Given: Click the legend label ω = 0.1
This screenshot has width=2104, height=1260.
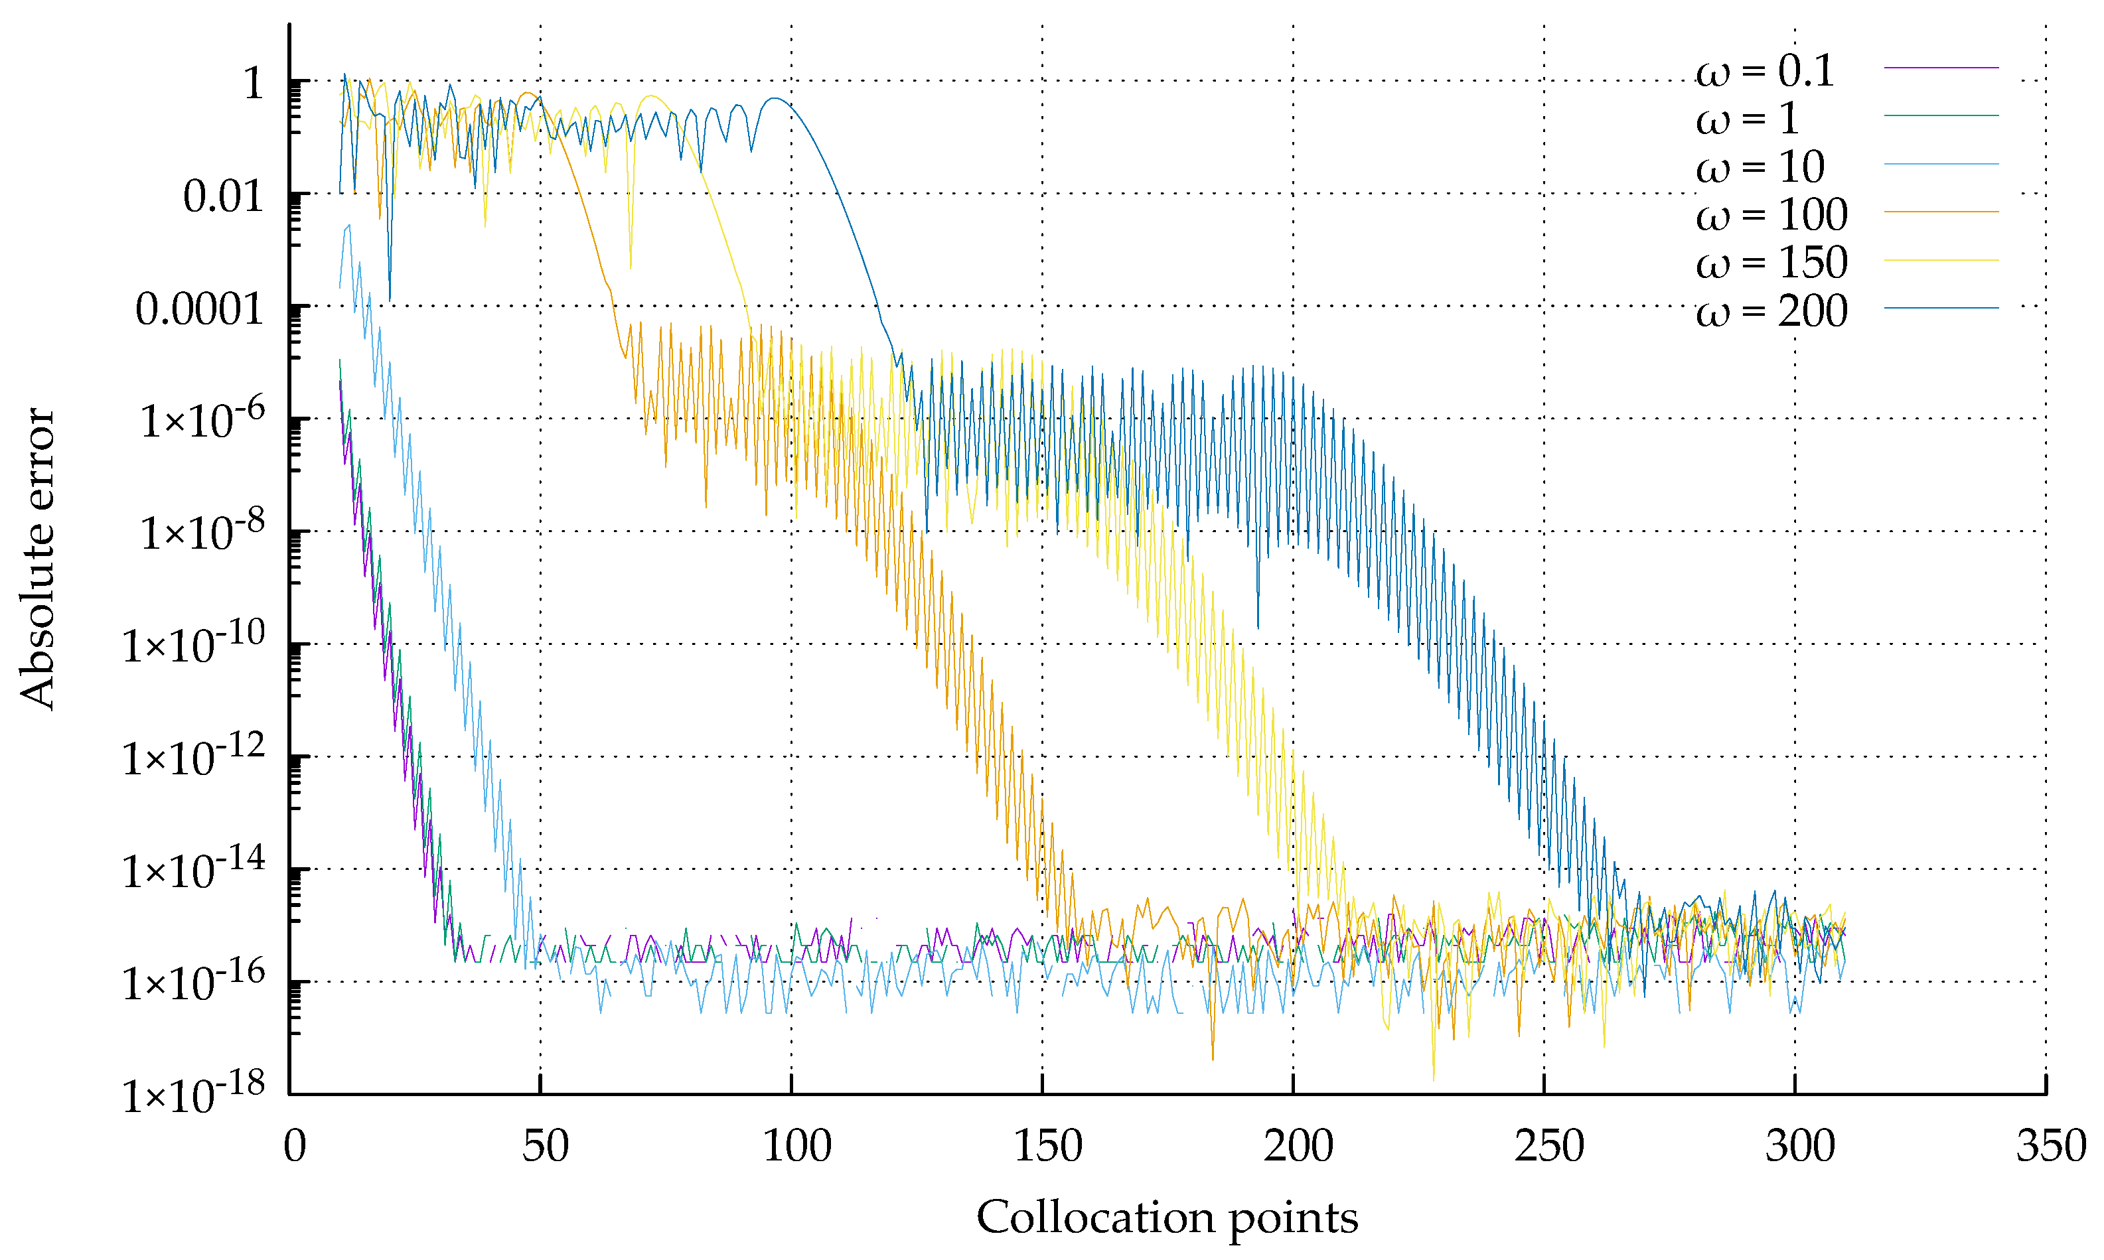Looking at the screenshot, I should (x=1764, y=71).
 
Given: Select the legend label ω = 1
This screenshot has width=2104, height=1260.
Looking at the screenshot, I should (x=1748, y=119).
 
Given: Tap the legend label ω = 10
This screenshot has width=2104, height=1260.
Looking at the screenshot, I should (x=1760, y=167).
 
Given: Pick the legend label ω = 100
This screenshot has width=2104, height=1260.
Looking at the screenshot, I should (x=1771, y=215).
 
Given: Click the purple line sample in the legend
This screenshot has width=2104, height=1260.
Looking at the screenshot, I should (x=1941, y=67).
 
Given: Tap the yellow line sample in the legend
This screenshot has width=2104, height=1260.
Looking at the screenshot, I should (x=1941, y=260).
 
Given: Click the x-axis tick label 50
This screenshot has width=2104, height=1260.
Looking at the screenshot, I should (x=544, y=1147).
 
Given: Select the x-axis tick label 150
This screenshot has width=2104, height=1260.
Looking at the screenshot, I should (x=1047, y=1147).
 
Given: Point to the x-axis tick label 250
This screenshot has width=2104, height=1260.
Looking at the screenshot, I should (x=1548, y=1147).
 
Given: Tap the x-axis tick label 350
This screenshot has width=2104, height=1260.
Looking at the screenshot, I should (x=2050, y=1147).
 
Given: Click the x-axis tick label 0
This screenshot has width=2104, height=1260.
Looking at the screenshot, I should (x=294, y=1147).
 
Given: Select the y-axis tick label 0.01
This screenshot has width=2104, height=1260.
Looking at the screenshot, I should (x=222, y=198).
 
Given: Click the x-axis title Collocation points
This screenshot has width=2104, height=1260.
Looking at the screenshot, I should (x=1167, y=1218).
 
